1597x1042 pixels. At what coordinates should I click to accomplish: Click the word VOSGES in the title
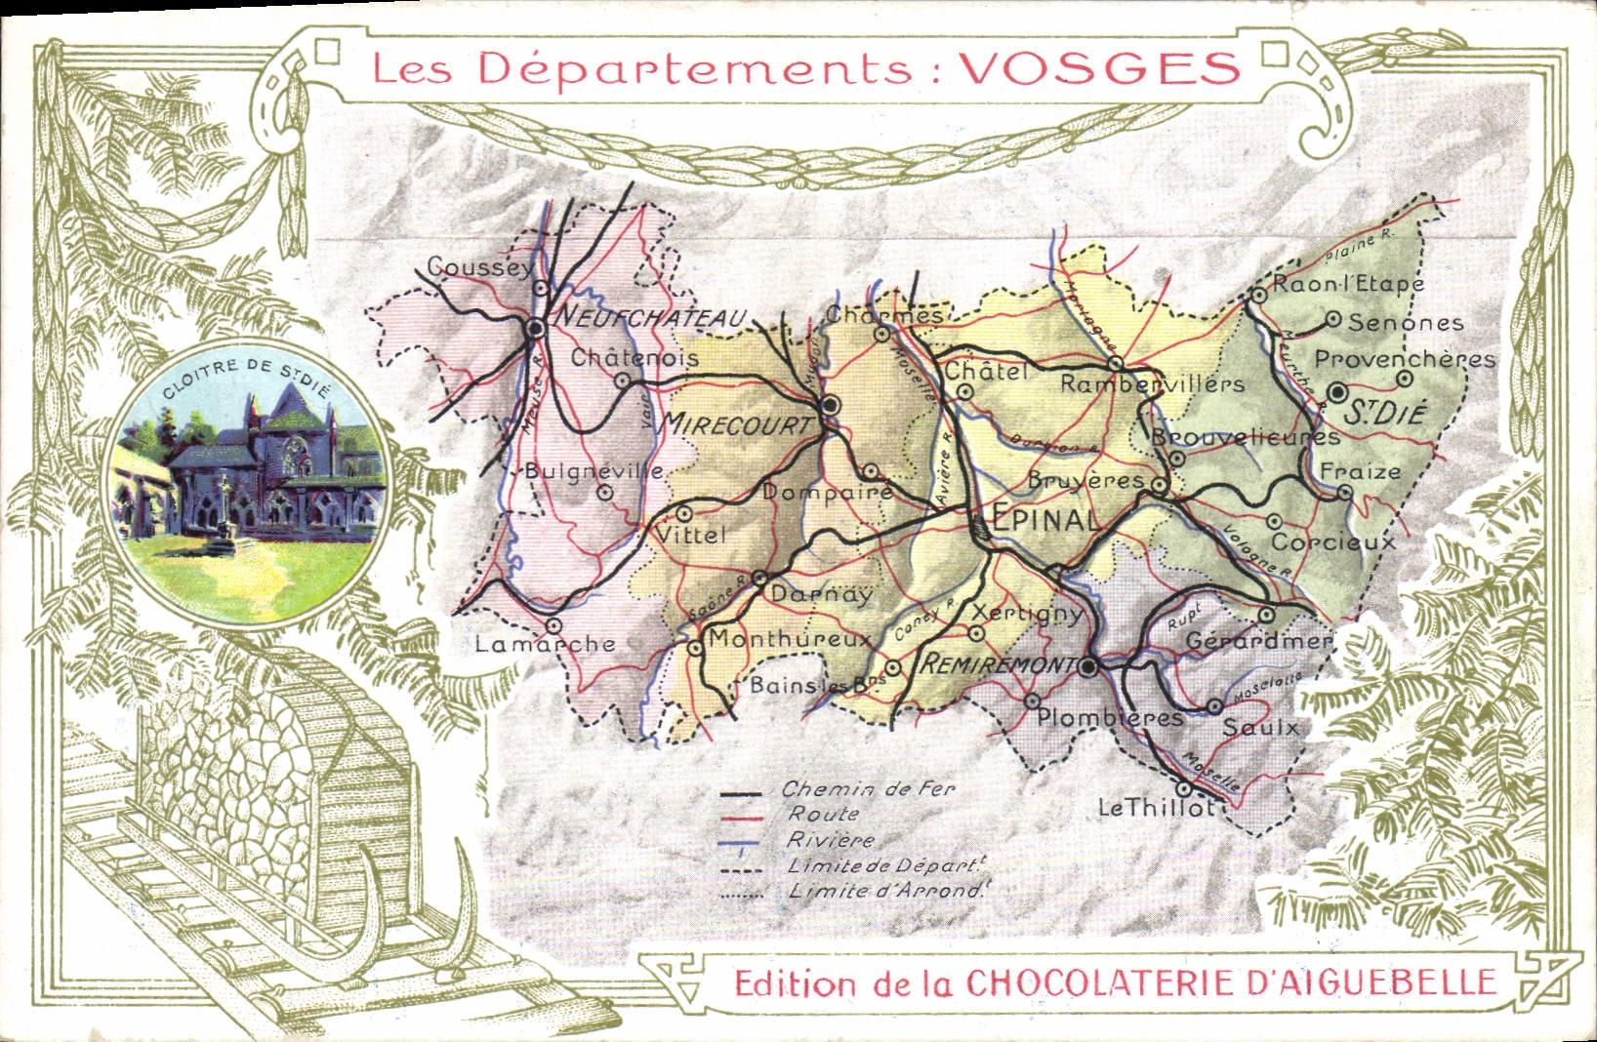coord(1099,67)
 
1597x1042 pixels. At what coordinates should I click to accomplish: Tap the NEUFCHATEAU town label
coord(649,318)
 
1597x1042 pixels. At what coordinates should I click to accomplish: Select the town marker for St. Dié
coord(1336,392)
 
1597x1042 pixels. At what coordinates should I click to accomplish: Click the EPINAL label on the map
coord(1044,520)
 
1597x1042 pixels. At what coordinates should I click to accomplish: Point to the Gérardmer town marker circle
coord(1266,616)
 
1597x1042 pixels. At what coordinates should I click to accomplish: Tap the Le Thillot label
coord(1157,808)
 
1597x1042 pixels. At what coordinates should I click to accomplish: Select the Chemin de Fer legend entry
coord(868,789)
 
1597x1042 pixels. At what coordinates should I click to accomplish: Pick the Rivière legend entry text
coord(829,840)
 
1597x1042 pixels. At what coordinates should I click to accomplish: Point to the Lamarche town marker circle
coord(553,625)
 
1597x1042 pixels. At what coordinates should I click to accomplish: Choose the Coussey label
coord(480,266)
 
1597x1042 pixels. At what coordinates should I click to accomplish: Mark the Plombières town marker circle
coord(1032,701)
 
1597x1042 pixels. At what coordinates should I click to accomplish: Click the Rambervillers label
coord(1152,384)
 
